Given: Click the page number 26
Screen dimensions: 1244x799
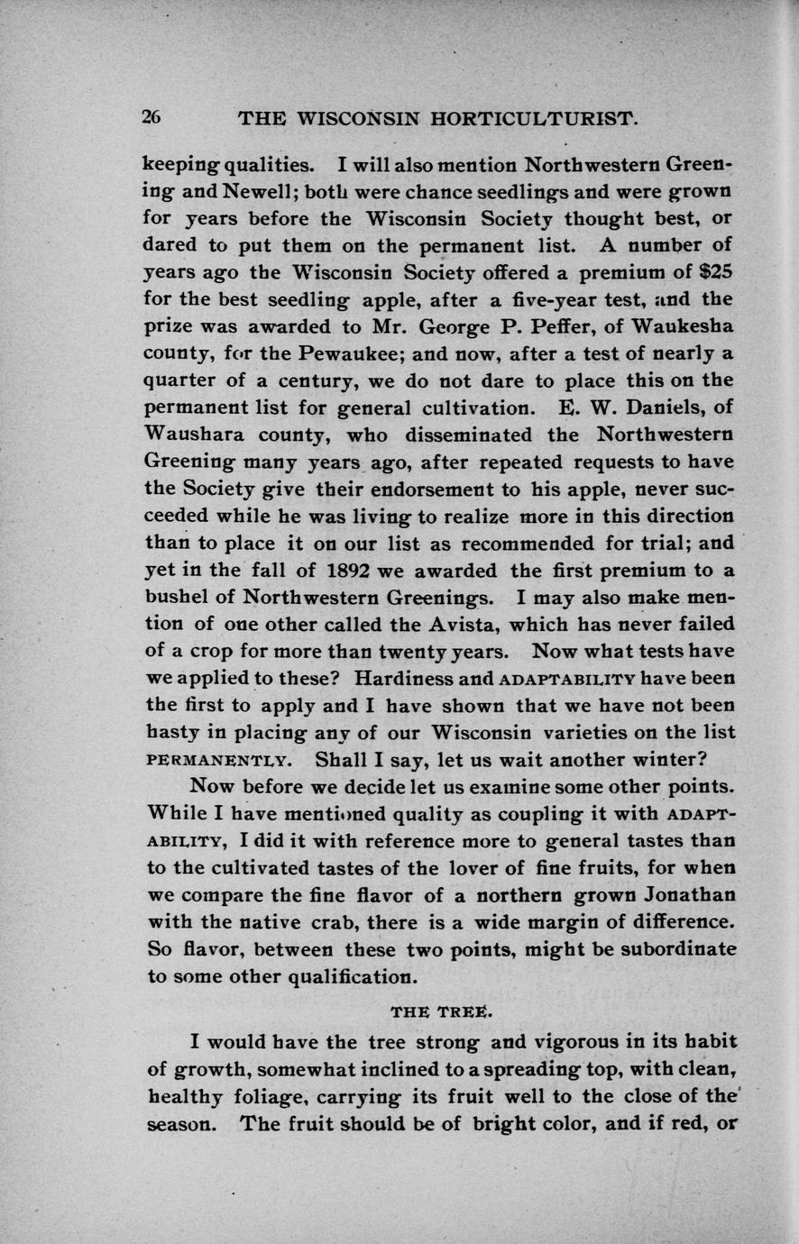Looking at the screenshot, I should click(152, 117).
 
